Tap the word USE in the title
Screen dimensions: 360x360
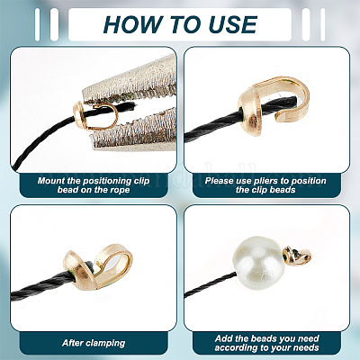tap(233, 24)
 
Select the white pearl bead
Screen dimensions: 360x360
tap(258, 263)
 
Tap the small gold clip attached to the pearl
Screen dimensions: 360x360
tap(296, 256)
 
